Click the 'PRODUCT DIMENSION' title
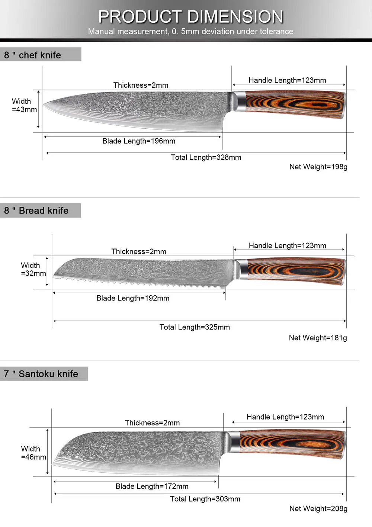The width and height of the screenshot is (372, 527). pos(190,17)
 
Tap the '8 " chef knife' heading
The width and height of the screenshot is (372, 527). pos(33,55)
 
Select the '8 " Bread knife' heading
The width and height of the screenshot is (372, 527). pos(36,211)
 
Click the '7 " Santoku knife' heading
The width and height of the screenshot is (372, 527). pos(41,374)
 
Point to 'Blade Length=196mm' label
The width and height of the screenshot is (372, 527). pos(139,141)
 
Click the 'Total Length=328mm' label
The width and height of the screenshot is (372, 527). pos(206,157)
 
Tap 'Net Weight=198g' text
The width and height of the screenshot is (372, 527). pos(318,167)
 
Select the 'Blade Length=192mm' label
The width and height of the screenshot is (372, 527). pos(133,298)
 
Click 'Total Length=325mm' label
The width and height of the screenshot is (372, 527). pos(195,327)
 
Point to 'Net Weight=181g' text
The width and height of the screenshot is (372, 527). pos(318,338)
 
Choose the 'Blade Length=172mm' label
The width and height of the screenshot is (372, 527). pos(152,486)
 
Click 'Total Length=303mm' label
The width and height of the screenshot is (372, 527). pos(205,499)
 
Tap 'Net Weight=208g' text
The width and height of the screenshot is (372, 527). pos(318,508)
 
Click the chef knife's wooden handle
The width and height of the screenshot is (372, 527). pos(294,105)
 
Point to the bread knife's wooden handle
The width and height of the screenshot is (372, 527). pos(296,271)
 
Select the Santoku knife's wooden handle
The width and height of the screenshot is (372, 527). pos(292,444)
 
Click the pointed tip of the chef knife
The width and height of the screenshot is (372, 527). pos(44,105)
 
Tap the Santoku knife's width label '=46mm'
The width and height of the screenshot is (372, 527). pos(33,457)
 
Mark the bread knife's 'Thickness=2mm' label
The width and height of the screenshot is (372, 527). pos(139,251)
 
